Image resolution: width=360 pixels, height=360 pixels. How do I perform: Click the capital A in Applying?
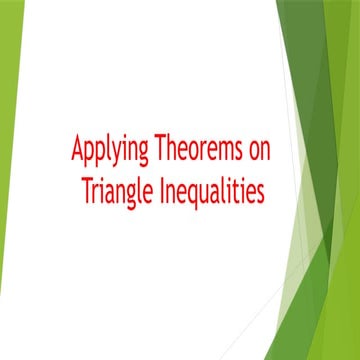point(77,150)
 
